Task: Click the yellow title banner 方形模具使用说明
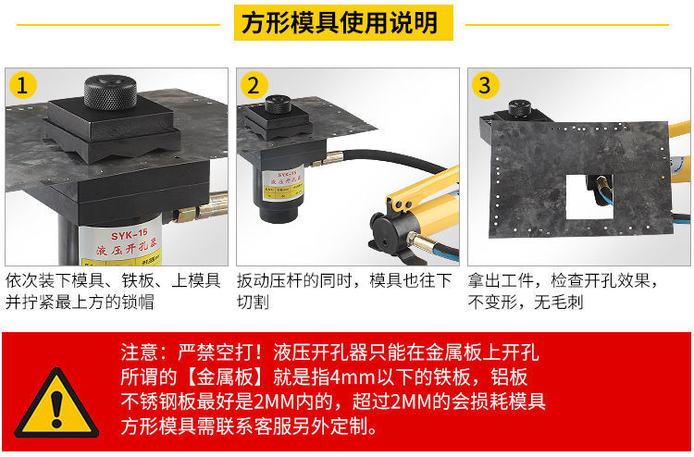click(343, 22)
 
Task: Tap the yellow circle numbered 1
click(22, 85)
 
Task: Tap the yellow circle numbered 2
click(254, 85)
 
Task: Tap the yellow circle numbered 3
click(485, 85)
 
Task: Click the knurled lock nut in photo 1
click(110, 92)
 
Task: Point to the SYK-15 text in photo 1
click(129, 234)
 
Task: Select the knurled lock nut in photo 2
click(278, 104)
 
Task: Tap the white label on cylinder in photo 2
click(284, 184)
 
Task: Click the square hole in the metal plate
click(589, 197)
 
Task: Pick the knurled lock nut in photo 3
click(519, 108)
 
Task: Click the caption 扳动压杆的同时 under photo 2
click(295, 281)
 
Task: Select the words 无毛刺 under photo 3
click(559, 303)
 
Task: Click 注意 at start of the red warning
click(139, 352)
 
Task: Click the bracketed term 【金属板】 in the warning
click(225, 377)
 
